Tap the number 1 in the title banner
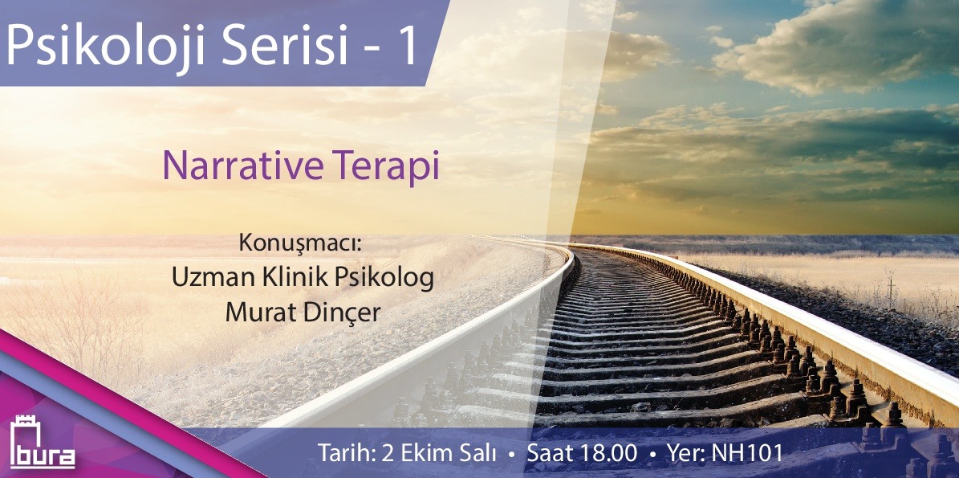(408, 47)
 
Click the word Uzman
(208, 277)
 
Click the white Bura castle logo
(43, 443)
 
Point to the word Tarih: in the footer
(346, 454)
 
